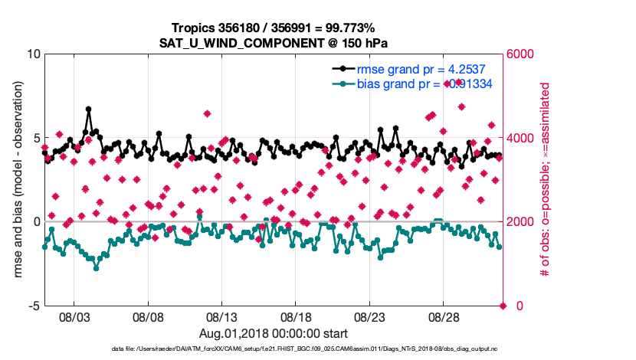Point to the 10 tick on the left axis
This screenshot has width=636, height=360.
(33, 54)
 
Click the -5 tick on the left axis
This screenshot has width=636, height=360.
(34, 306)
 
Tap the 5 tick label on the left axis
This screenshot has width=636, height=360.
(36, 138)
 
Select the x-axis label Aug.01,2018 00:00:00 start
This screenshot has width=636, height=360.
(273, 333)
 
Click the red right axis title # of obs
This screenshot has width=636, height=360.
(545, 180)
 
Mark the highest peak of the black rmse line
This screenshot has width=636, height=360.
(89, 110)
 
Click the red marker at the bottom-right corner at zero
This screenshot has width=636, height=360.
(503, 306)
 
